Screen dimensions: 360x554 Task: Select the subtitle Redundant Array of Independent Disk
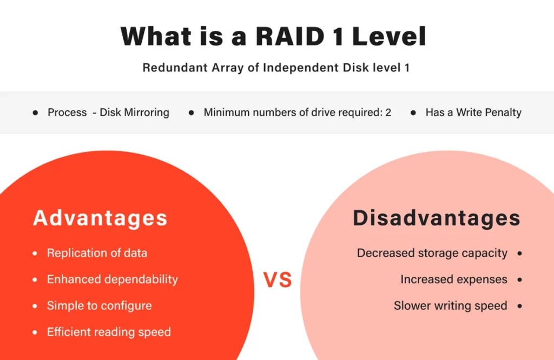tap(276, 68)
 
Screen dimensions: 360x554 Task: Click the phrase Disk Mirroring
tap(134, 112)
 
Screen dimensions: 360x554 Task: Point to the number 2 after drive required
tap(388, 112)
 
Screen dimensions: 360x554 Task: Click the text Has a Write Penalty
tap(473, 112)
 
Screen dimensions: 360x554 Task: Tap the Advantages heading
tap(100, 218)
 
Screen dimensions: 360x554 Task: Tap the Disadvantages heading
tap(437, 218)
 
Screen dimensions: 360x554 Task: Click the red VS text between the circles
tap(278, 280)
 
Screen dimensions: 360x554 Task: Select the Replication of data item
tap(97, 253)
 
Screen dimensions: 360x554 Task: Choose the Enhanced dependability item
tap(112, 279)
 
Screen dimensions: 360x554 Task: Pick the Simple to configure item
tap(99, 305)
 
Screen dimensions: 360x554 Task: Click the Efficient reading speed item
tap(109, 332)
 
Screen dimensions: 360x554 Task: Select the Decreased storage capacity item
tap(432, 253)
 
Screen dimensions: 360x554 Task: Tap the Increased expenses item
tap(454, 279)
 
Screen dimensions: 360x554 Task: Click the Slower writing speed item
tap(450, 305)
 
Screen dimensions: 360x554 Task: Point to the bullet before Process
tap(36, 113)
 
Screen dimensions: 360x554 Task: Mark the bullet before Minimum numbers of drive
tap(192, 113)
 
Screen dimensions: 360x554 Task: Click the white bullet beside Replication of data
tap(35, 254)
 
